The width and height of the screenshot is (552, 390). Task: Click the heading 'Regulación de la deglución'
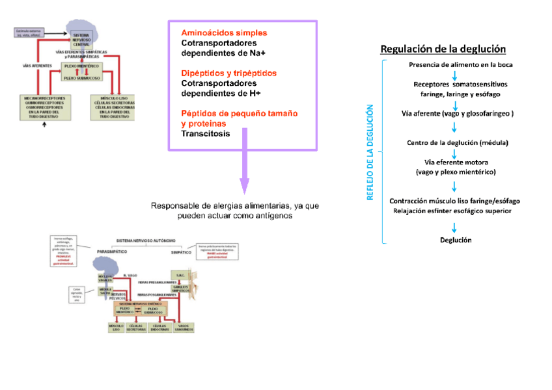[443, 49]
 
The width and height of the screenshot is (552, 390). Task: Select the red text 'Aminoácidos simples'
[224, 32]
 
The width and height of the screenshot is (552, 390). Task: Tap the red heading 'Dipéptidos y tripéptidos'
[228, 73]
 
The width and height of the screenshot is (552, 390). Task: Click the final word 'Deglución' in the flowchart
[456, 240]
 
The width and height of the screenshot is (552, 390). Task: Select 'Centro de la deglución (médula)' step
[457, 142]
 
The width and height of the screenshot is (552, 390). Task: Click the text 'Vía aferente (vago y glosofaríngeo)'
[458, 113]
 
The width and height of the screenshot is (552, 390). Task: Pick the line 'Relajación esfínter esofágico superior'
[451, 211]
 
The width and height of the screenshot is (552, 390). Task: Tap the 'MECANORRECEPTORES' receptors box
[45, 107]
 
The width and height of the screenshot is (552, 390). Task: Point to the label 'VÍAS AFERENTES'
[37, 66]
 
